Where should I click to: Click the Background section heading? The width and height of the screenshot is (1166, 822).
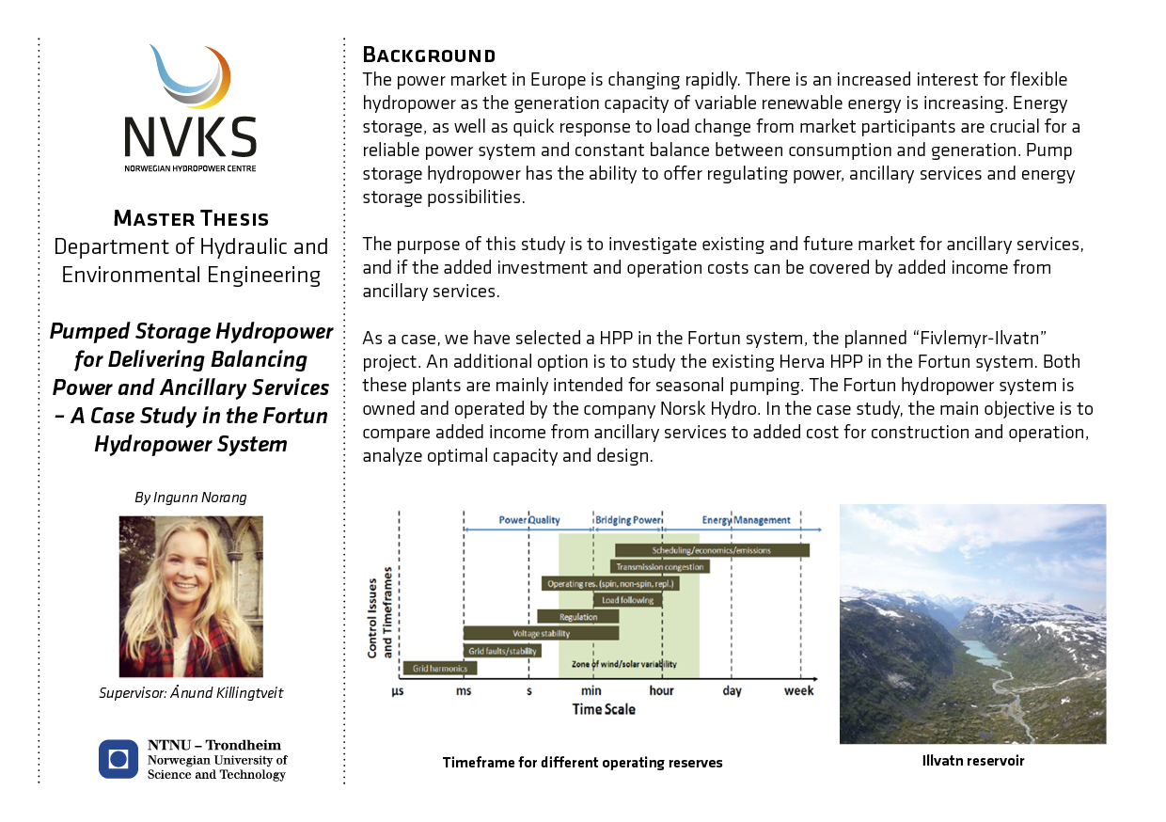pyautogui.click(x=429, y=54)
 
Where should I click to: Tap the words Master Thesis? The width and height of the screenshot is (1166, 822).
pyautogui.click(x=191, y=219)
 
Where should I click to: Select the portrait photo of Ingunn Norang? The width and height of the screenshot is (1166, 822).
pyautogui.click(x=191, y=596)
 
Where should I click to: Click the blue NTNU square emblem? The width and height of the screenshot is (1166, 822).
pyautogui.click(x=118, y=759)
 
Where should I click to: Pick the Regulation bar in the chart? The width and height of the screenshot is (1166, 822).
pyautogui.click(x=578, y=617)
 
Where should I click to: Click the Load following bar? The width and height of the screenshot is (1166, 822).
pyautogui.click(x=628, y=600)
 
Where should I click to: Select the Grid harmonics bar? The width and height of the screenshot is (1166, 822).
pyautogui.click(x=440, y=669)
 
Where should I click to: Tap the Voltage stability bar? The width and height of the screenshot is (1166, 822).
pyautogui.click(x=528, y=634)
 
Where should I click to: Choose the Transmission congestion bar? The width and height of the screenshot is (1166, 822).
pyautogui.click(x=660, y=567)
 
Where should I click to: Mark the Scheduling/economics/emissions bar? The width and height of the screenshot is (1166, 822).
pyautogui.click(x=712, y=550)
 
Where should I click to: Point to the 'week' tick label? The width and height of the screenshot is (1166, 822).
pyautogui.click(x=799, y=691)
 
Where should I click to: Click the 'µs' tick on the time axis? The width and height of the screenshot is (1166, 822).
pyautogui.click(x=399, y=691)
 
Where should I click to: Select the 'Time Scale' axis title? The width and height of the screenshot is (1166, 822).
pyautogui.click(x=604, y=709)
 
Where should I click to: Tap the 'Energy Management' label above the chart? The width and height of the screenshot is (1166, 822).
pyautogui.click(x=747, y=519)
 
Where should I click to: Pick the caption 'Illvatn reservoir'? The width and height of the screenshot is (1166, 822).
pyautogui.click(x=973, y=761)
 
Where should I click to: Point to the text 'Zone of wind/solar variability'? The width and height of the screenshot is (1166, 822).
pyautogui.click(x=623, y=664)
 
